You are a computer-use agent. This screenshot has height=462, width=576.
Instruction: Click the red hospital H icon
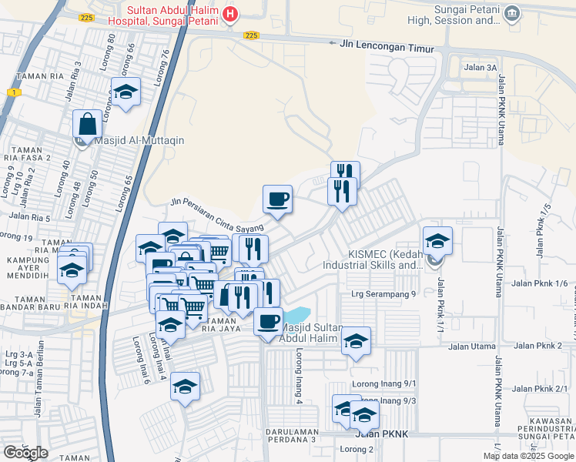click(229, 14)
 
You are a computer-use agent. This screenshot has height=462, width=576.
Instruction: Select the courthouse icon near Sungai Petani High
click(512, 14)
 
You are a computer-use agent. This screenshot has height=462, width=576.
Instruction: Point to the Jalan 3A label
click(481, 68)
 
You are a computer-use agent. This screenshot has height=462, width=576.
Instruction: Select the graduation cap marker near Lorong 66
click(126, 92)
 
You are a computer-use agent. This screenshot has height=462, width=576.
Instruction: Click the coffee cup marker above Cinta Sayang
click(277, 199)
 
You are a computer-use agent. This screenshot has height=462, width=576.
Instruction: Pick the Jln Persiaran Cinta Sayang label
click(217, 215)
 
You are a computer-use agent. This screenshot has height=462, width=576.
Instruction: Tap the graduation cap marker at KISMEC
click(437, 242)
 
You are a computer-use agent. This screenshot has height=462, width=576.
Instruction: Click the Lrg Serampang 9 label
click(383, 293)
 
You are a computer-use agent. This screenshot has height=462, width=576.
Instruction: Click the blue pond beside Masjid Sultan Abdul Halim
click(297, 315)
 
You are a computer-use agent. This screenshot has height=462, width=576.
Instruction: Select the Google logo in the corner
click(26, 453)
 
